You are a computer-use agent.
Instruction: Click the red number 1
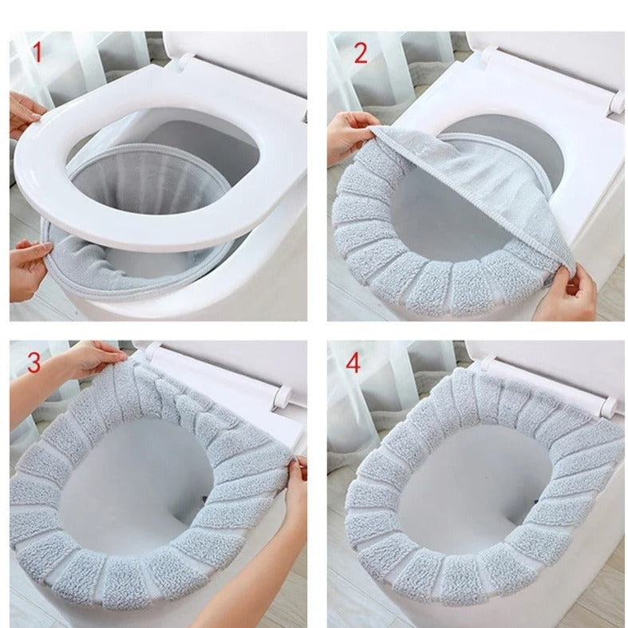tap(38, 53)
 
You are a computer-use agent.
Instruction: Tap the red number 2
tap(360, 53)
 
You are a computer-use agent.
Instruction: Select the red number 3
tap(34, 362)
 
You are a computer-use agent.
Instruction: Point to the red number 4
tap(353, 363)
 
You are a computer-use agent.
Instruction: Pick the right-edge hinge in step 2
tap(617, 103)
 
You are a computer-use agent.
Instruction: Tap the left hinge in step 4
tap(484, 363)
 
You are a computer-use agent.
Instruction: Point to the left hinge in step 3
tap(153, 350)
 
